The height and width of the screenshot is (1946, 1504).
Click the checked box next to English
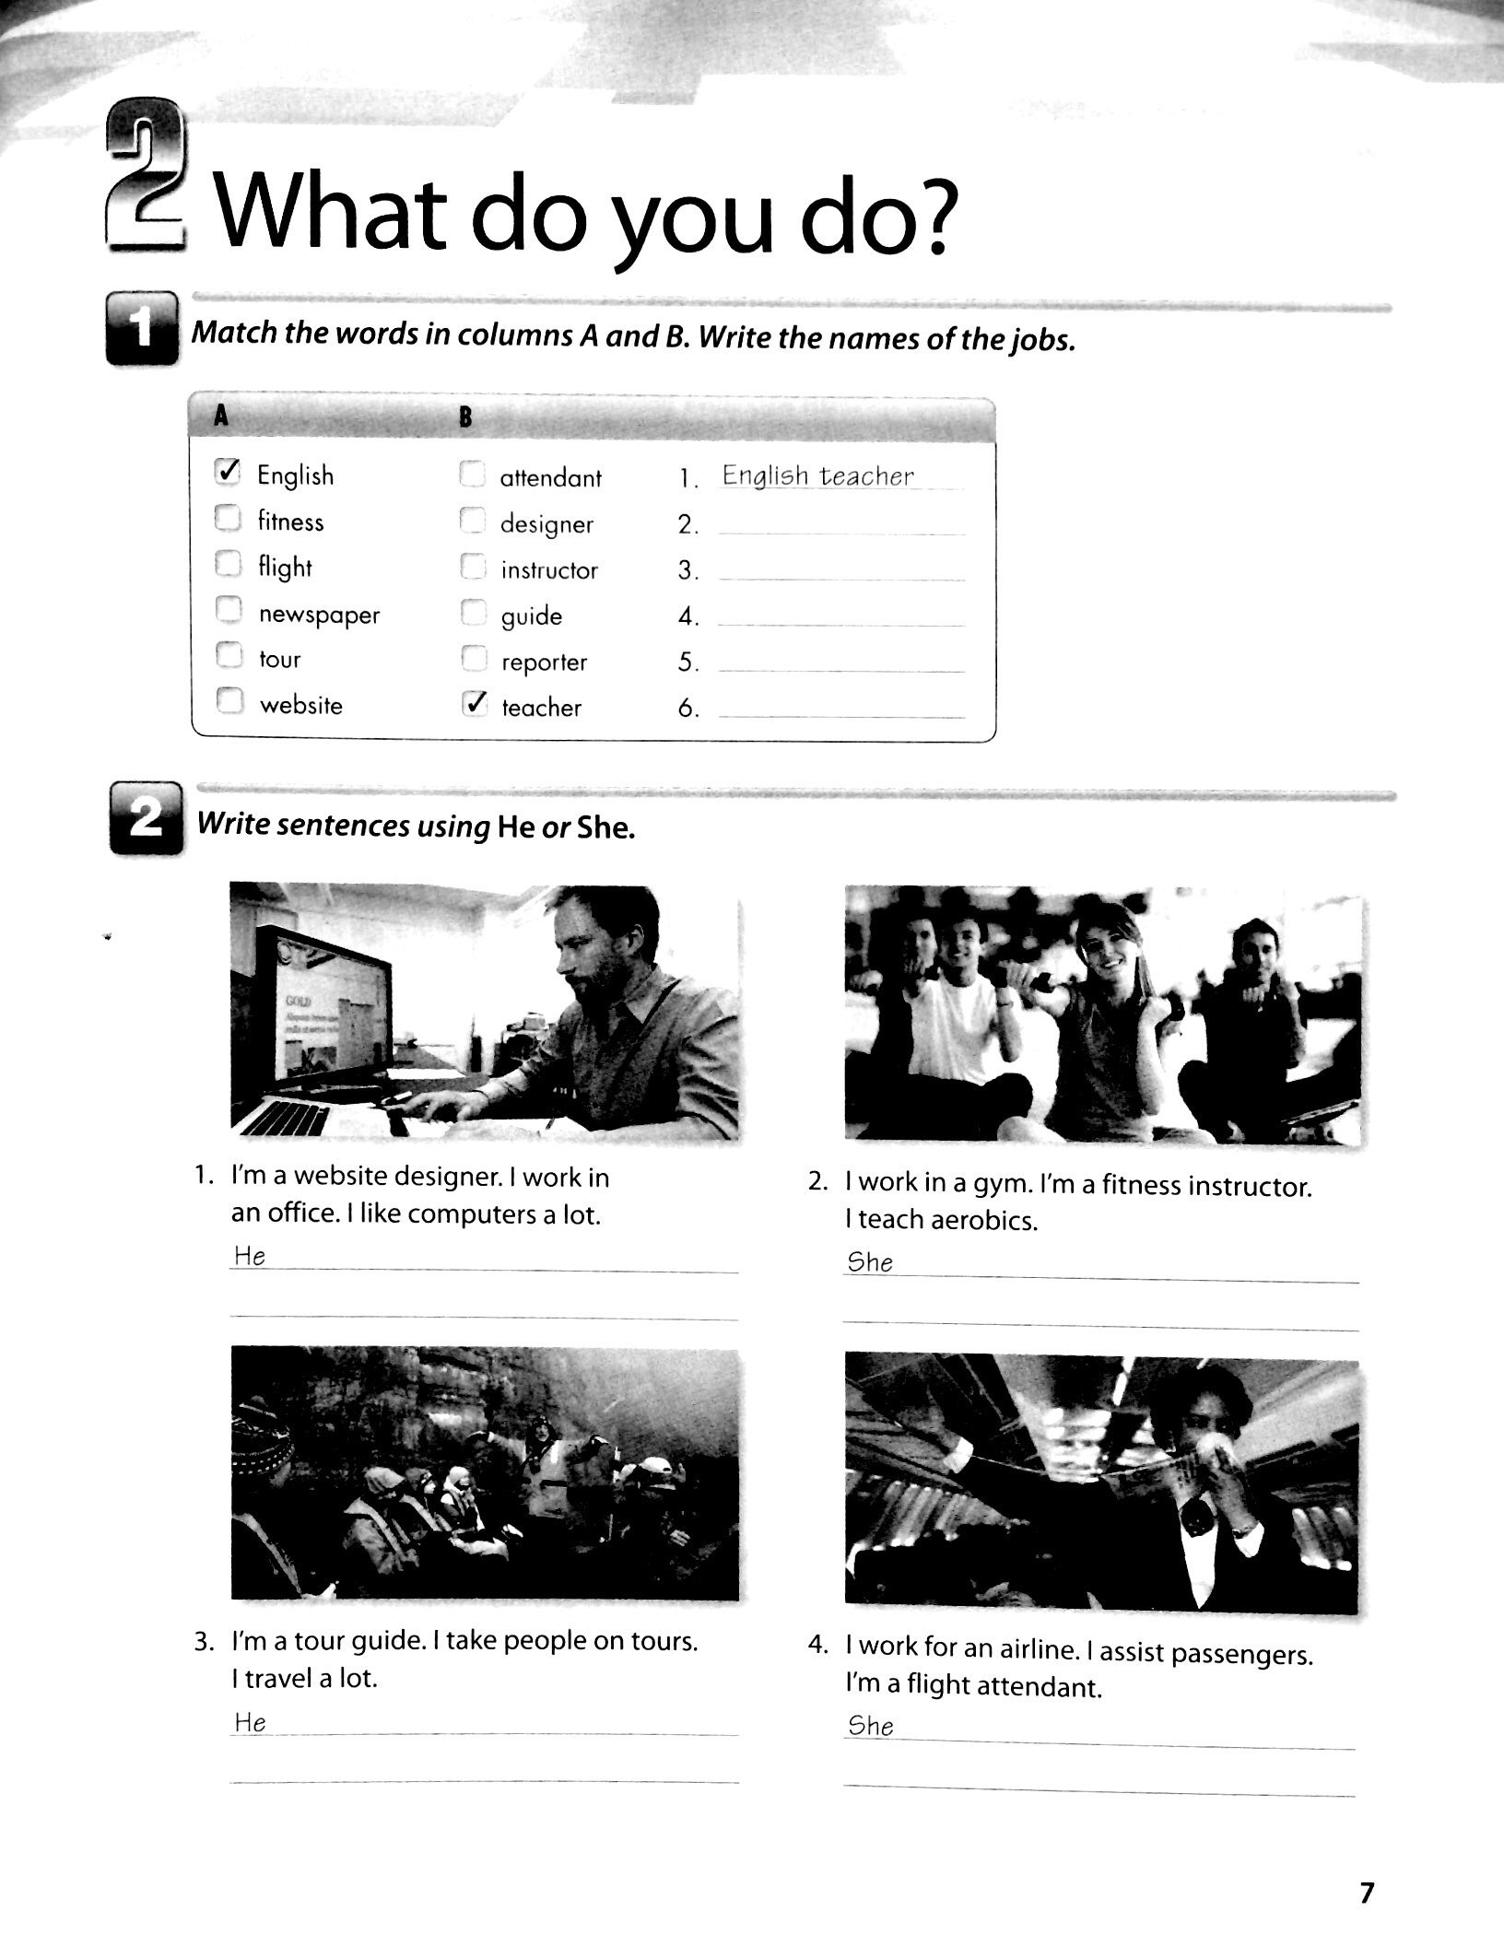tap(227, 473)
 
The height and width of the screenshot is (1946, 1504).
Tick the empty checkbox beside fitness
tap(227, 519)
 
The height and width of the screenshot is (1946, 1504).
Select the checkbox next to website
tap(228, 703)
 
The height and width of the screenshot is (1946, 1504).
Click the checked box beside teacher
tap(473, 705)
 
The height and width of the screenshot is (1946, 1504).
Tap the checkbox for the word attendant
tap(472, 475)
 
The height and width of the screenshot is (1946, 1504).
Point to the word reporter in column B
tap(544, 662)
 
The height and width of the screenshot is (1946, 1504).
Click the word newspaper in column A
tap(319, 615)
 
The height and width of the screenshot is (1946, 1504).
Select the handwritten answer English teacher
tap(817, 475)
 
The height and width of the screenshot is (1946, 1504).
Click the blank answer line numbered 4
tap(840, 619)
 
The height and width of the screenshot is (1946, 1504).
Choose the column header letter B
tap(465, 418)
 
